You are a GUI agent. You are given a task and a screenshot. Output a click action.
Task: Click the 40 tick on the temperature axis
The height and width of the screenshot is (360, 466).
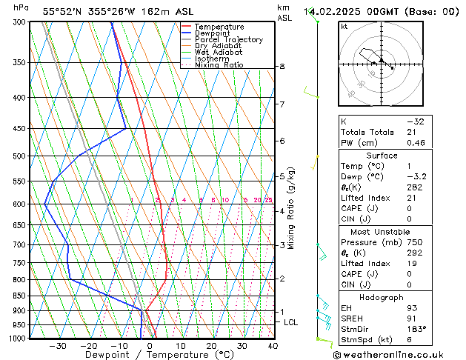coord(273,346)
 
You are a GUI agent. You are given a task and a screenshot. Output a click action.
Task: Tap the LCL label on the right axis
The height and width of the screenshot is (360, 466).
coord(291,322)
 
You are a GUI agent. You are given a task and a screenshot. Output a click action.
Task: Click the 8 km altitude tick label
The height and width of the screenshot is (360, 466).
coord(282,67)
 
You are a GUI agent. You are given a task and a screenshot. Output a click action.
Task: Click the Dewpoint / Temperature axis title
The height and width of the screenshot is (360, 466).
coord(150,356)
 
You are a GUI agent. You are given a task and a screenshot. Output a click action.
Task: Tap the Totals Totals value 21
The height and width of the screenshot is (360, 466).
coord(411,132)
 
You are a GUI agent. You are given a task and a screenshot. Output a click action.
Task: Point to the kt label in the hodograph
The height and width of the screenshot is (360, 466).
coord(344,26)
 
